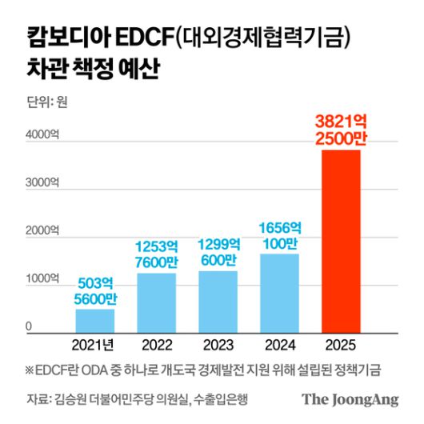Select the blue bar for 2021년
pos(95,319)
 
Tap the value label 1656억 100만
pos(279,235)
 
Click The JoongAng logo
pos(350,399)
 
